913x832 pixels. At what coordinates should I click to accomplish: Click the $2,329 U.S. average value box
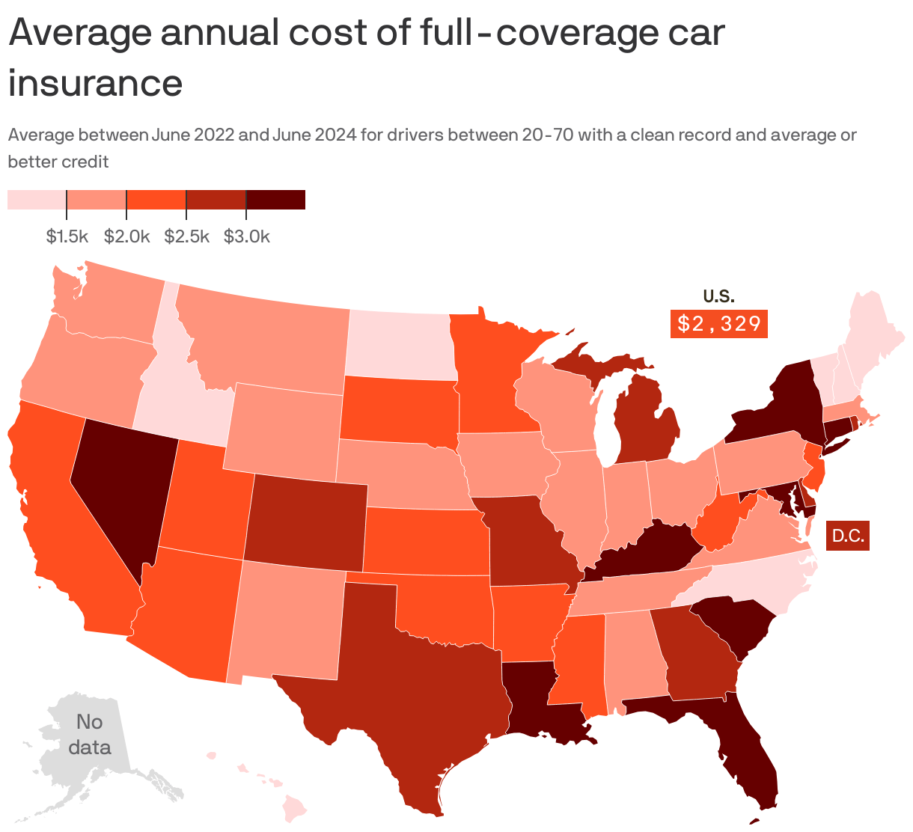pos(718,324)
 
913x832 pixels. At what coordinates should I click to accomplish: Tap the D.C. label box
pos(848,536)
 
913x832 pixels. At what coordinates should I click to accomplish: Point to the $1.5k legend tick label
pos(67,237)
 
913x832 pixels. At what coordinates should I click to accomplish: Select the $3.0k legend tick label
pos(246,237)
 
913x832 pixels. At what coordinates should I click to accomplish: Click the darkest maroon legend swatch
pos(275,200)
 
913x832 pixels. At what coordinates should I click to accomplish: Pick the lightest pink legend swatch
pos(37,200)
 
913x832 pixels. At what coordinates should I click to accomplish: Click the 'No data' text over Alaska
pos(89,734)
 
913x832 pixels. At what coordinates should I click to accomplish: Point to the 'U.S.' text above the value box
pos(718,296)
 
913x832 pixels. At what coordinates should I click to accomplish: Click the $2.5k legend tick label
pos(186,237)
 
